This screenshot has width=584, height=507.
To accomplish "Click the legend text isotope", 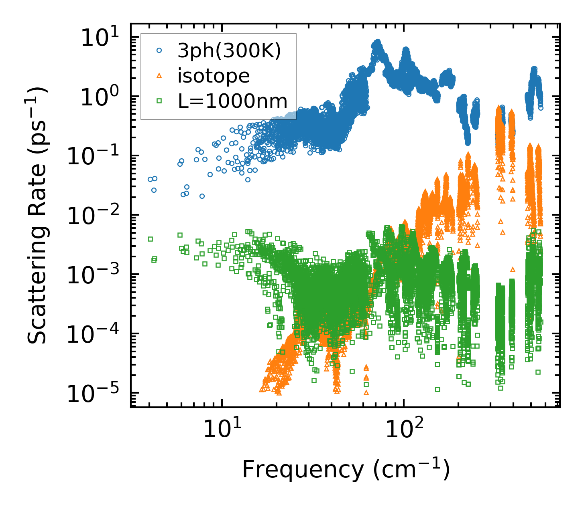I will point(214,76).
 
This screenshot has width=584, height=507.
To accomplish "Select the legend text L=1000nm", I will point(232,101).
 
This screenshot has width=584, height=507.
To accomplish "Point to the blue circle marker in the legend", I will point(159,51).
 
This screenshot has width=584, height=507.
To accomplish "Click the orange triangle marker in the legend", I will point(159,76).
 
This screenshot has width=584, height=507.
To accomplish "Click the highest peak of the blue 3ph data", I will point(377,42).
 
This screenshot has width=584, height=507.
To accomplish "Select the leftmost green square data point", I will point(151,239).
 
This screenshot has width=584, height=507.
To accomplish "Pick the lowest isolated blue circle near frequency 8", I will point(202,196).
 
